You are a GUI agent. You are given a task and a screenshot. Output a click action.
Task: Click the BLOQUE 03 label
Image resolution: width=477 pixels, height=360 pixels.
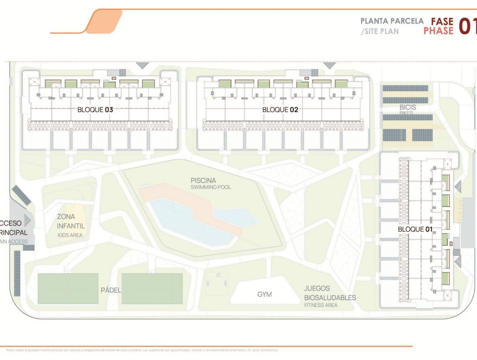pos(95,110)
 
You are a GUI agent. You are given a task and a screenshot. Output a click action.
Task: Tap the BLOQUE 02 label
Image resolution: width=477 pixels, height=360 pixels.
pos(280,110)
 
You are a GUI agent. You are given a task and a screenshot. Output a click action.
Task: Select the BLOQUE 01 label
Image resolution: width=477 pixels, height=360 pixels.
pos(415,229)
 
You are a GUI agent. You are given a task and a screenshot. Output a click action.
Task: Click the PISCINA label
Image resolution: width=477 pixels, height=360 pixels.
pos(203,180)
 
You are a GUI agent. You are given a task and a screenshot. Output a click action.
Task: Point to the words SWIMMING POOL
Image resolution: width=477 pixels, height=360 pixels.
pos(210,187)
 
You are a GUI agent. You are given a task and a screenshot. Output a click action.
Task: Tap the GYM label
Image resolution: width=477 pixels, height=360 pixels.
pos(264,294)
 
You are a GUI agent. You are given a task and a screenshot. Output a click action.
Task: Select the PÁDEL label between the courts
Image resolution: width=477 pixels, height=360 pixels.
pos(110,290)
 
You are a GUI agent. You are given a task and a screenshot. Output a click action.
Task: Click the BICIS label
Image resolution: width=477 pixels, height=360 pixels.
pos(407,107)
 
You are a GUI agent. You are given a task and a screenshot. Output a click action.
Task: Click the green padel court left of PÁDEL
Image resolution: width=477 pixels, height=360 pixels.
pos(68,288)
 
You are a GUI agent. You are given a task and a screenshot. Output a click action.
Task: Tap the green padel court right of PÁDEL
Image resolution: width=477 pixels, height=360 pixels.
pos(152,288)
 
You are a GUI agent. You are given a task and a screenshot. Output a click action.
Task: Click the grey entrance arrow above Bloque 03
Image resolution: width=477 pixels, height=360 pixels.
pos(142,65)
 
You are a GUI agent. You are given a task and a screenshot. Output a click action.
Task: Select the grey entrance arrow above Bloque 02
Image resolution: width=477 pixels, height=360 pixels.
pos(330,65)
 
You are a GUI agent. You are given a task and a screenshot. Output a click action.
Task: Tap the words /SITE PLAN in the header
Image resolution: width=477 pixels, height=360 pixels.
pos(379,31)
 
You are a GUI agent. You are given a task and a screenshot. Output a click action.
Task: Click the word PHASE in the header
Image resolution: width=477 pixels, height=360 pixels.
pos(438,31)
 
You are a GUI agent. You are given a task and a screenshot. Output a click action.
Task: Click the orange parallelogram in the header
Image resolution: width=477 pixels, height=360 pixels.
pos(104,21)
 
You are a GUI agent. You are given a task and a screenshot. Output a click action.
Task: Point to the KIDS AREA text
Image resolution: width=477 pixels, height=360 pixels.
pos(70,235)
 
